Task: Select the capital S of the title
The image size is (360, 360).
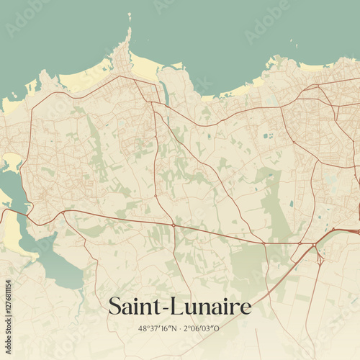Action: coord(114,306)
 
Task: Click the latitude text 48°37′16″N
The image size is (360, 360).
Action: coord(156,328)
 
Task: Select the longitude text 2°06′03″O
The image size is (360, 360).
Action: coord(201,328)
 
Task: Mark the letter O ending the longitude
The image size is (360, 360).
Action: coord(217,328)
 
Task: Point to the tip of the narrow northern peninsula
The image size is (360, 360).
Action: coord(129,36)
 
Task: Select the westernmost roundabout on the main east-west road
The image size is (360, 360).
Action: coord(63,213)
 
